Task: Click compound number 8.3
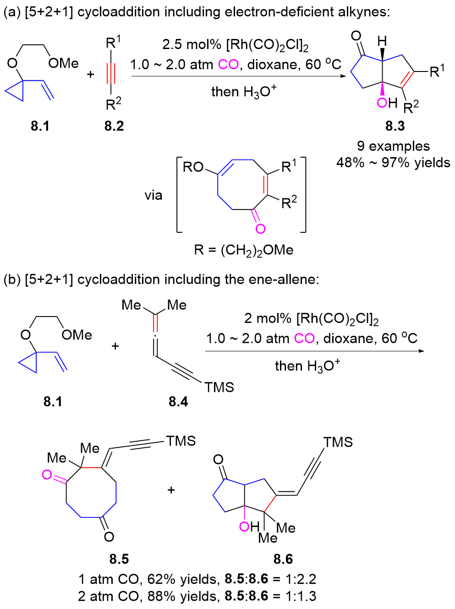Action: click(x=395, y=126)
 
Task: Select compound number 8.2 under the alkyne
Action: click(x=114, y=126)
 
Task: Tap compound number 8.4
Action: click(x=178, y=401)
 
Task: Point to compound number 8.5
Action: click(x=119, y=559)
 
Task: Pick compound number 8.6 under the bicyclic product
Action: click(x=283, y=559)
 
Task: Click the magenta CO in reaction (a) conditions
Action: click(x=228, y=65)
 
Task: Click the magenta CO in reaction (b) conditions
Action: click(x=304, y=339)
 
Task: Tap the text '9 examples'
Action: click(x=393, y=146)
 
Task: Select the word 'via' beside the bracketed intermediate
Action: click(x=153, y=196)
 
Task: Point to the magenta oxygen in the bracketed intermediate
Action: click(x=260, y=228)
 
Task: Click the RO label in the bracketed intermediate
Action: click(x=193, y=167)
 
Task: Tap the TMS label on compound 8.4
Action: click(x=219, y=388)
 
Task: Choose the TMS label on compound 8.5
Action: click(x=181, y=441)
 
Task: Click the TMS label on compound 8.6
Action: click(x=338, y=442)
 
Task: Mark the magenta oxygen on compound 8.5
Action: click(x=47, y=475)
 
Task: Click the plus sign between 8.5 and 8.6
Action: click(x=171, y=490)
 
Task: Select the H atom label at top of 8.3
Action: click(x=382, y=42)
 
